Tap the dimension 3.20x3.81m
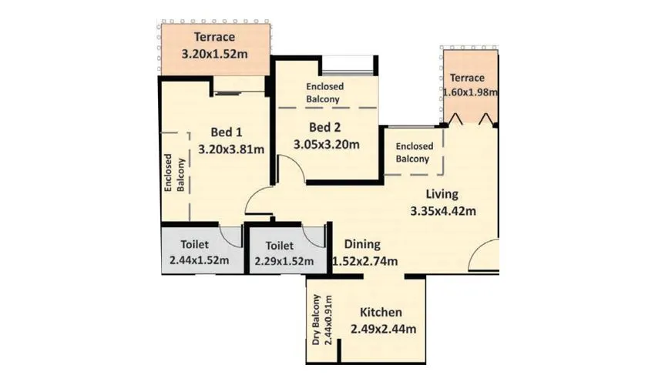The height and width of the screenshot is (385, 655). (231, 149)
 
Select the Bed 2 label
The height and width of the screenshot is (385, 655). (325, 127)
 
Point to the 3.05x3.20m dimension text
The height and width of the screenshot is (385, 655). (327, 143)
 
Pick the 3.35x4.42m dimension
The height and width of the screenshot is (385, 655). (442, 211)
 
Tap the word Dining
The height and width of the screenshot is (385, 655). (363, 244)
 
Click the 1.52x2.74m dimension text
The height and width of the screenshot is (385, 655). (364, 262)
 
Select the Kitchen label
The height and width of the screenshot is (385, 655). (381, 313)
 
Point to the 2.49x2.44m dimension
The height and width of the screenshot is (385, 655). (383, 330)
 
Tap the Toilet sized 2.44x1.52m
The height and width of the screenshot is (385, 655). (199, 253)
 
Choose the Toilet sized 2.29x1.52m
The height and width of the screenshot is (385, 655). (284, 253)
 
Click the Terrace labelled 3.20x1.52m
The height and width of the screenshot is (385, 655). (214, 45)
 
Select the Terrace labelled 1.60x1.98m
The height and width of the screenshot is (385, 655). (469, 85)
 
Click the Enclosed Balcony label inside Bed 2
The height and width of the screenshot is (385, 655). (324, 93)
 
